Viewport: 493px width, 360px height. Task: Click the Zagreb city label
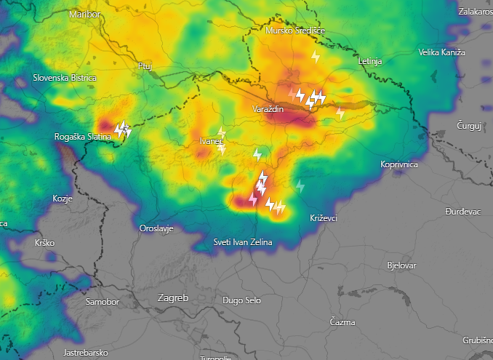[x=173, y=298]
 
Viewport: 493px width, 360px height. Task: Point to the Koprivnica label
[x=399, y=164]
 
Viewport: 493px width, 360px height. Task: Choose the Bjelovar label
[x=402, y=265]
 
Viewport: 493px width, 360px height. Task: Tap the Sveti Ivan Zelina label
[x=242, y=241]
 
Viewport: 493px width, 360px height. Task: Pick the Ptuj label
[x=145, y=66]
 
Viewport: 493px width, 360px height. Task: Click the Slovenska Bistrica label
[x=65, y=78]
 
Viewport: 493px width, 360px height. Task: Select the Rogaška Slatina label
[x=83, y=137]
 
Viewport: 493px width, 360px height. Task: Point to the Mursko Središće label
[x=295, y=31]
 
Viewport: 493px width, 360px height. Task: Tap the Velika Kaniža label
[x=441, y=52]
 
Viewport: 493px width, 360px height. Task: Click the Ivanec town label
[x=212, y=141]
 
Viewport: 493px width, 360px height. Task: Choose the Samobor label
[x=101, y=301]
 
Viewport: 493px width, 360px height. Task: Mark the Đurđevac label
[x=463, y=211]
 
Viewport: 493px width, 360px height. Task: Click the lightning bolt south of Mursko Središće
[x=316, y=56]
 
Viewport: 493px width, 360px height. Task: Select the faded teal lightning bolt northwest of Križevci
[x=300, y=186]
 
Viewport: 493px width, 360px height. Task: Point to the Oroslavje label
[x=156, y=228]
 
